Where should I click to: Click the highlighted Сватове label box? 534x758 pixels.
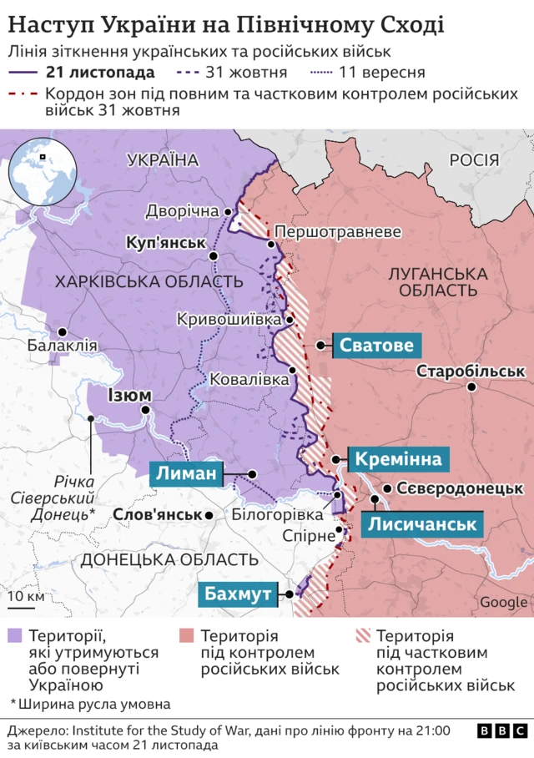pyautogui.click(x=375, y=345)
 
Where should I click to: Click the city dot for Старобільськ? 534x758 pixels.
pyautogui.click(x=471, y=387)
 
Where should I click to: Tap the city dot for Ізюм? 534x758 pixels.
pyautogui.click(x=145, y=410)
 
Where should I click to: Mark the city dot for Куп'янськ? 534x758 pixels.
pyautogui.click(x=214, y=256)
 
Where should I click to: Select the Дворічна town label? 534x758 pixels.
pyautogui.click(x=182, y=211)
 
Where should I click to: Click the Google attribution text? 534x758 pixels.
pyautogui.click(x=503, y=603)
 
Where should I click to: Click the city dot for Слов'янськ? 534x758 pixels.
pyautogui.click(x=209, y=515)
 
